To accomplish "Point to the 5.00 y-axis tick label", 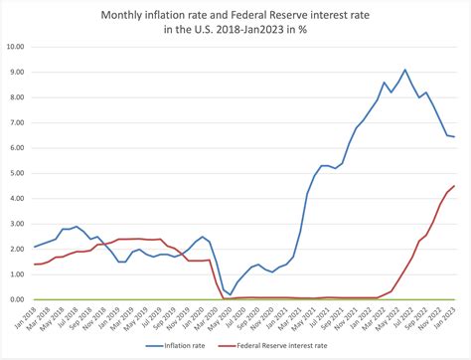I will pos(17,172).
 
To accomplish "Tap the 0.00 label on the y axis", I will pos(17,298).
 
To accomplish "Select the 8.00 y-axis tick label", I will pos(17,96).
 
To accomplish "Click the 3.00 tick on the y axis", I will pos(17,223).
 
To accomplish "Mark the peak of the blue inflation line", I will pos(404,70).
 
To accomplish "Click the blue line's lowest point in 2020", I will pos(231,295).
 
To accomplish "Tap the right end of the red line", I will pos(454,186).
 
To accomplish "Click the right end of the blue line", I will pos(454,137).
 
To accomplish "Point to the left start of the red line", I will pos(35,264).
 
